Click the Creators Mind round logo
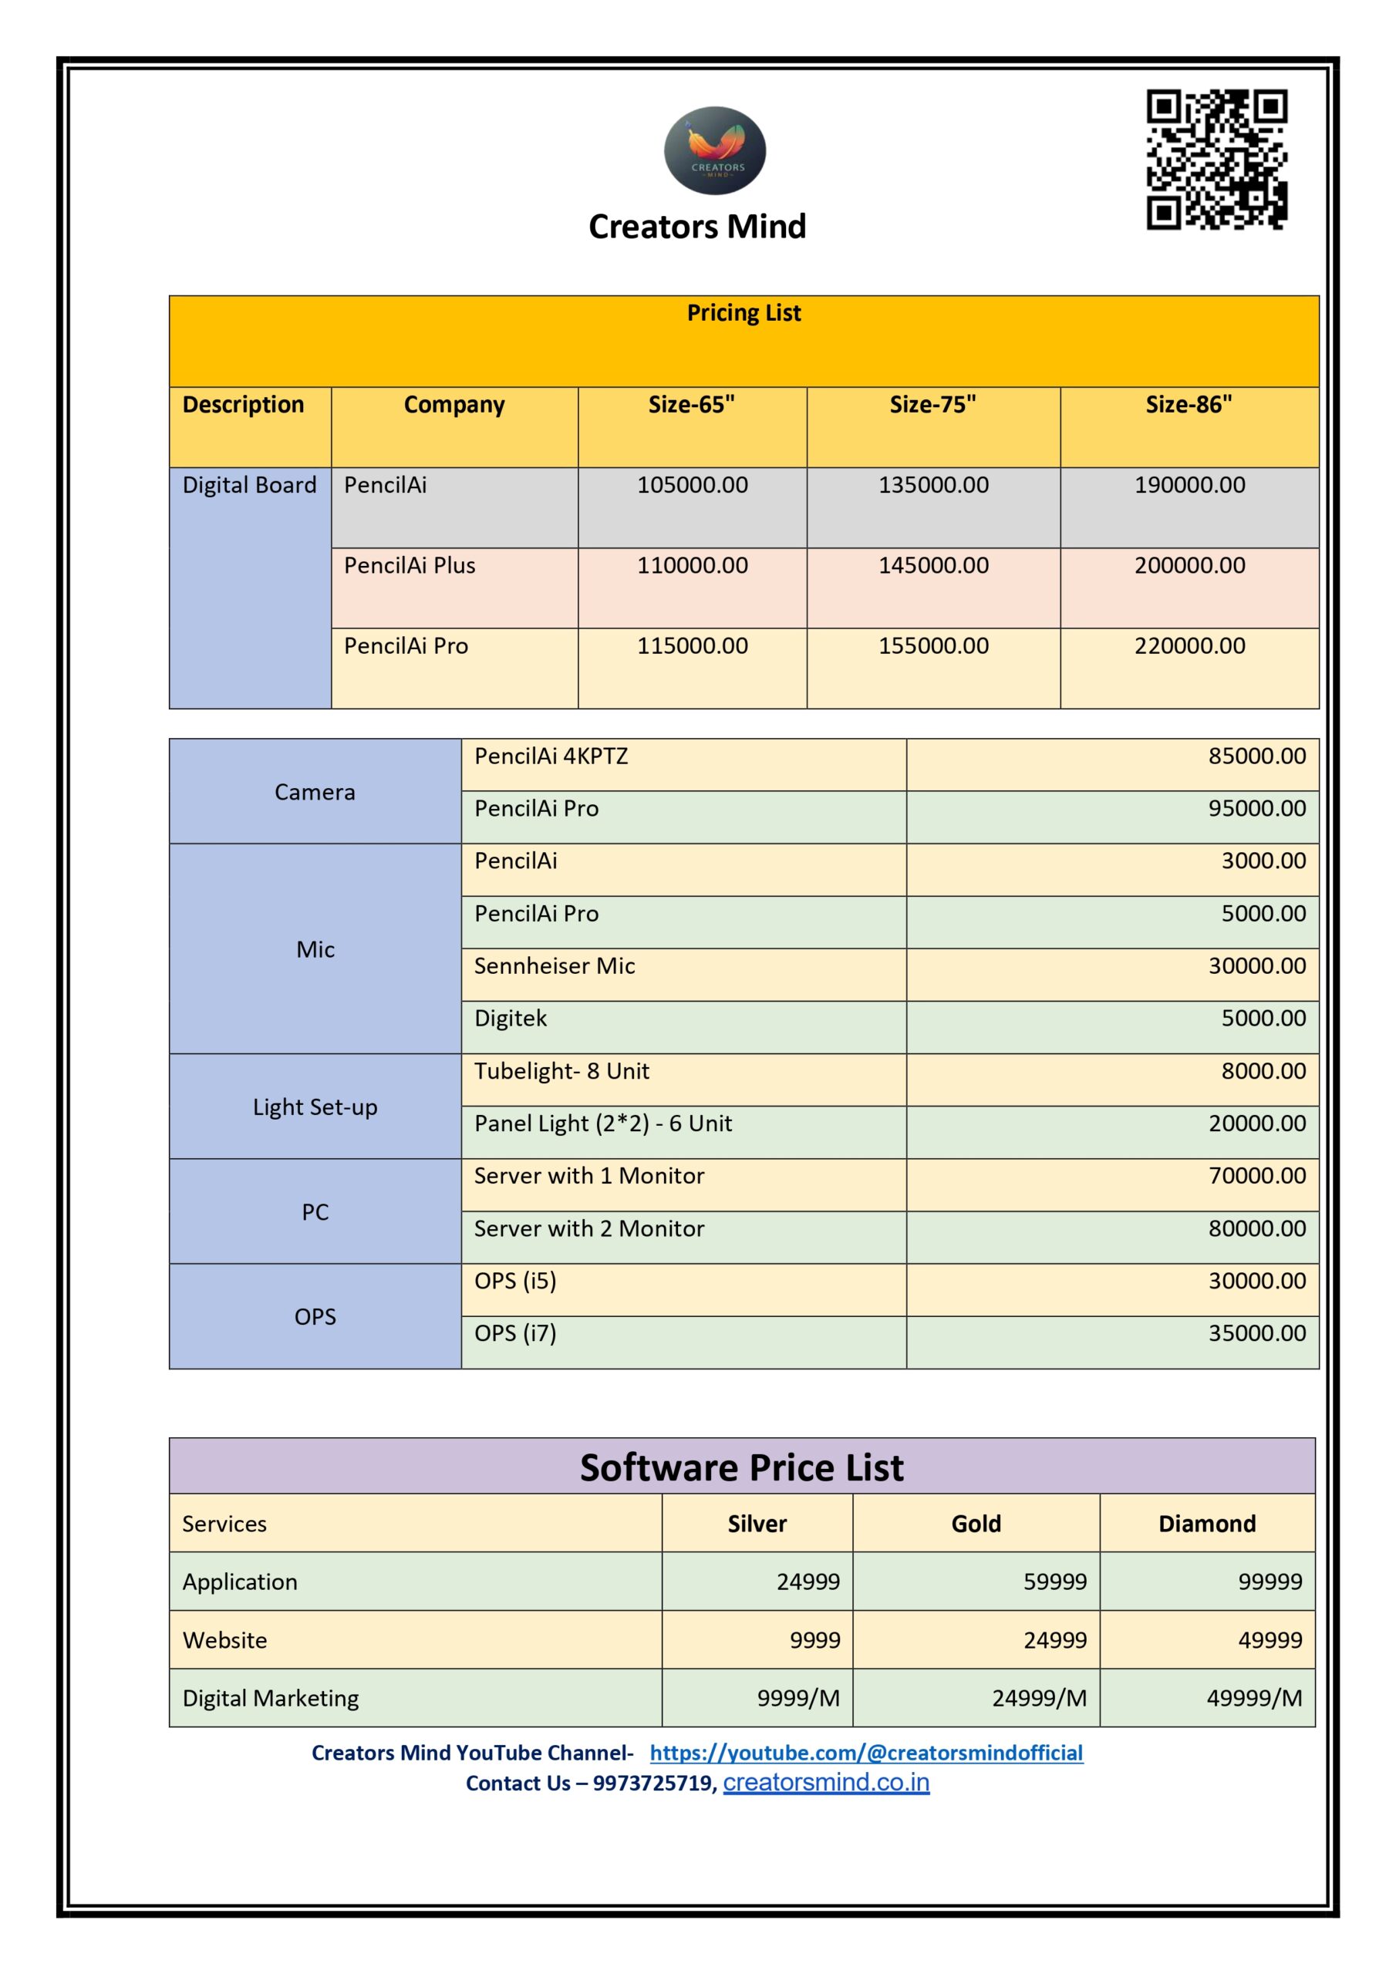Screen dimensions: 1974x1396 pyautogui.click(x=714, y=150)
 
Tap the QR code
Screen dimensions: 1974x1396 pyautogui.click(x=1216, y=159)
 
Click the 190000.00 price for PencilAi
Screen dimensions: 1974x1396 pyautogui.click(x=1189, y=485)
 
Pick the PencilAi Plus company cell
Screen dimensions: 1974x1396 pyautogui.click(x=410, y=566)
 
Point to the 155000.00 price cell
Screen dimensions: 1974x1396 pyautogui.click(x=932, y=645)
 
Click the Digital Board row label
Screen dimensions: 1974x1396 pyautogui.click(x=249, y=485)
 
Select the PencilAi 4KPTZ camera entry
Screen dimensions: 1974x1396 pyautogui.click(x=551, y=756)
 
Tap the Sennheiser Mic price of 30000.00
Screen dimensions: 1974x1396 pyautogui.click(x=1256, y=966)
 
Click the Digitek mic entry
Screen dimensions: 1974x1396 pyautogui.click(x=510, y=1019)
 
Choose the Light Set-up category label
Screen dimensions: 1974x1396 pyautogui.click(x=315, y=1107)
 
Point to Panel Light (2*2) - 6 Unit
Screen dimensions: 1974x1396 pyautogui.click(x=603, y=1123)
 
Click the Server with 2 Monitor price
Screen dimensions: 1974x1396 pyautogui.click(x=1256, y=1228)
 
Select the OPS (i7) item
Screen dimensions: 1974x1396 pyautogui.click(x=515, y=1333)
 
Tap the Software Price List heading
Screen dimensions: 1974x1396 pyautogui.click(x=741, y=1467)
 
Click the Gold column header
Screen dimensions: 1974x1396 pyautogui.click(x=976, y=1524)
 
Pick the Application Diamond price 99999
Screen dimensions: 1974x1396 pyautogui.click(x=1270, y=1582)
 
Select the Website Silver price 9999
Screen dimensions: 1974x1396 pyautogui.click(x=814, y=1640)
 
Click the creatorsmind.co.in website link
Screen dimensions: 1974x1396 pyautogui.click(x=826, y=1783)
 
